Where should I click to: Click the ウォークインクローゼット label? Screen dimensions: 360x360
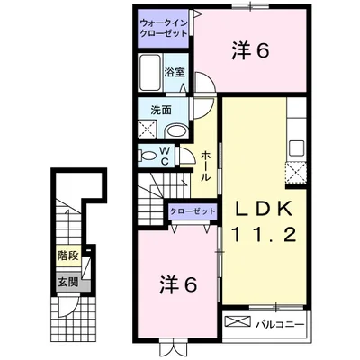(164, 26)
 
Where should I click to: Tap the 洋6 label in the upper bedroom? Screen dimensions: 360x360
(250, 51)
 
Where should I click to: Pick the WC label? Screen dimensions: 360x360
(166, 156)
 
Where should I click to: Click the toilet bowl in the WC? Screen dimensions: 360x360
(148, 156)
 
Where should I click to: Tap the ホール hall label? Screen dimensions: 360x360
(207, 166)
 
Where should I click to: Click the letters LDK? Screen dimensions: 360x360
(263, 208)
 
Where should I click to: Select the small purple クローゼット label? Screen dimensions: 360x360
(192, 210)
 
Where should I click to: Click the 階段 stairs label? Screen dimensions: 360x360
(67, 256)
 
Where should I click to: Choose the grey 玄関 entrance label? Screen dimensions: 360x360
(67, 282)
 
